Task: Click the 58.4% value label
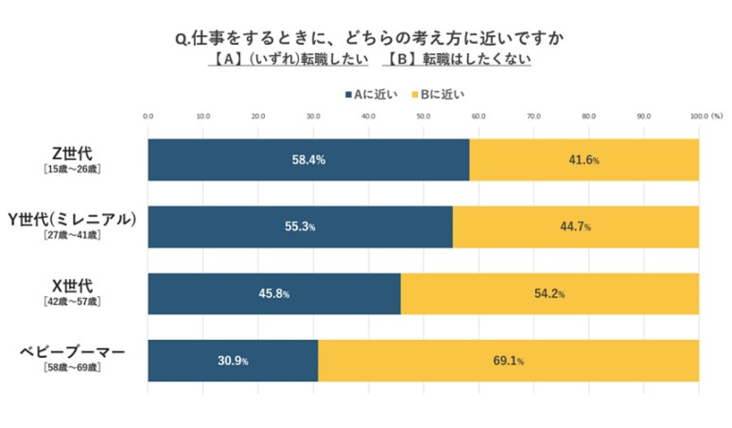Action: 309,160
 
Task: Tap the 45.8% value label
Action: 274,293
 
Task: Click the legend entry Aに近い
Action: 372,95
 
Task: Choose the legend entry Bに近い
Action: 439,95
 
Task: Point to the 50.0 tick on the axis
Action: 423,117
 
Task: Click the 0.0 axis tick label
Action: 148,117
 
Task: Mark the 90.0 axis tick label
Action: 644,117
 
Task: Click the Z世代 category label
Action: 72,153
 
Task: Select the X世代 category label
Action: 72,287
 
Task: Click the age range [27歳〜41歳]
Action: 72,236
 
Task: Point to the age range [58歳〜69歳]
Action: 72,368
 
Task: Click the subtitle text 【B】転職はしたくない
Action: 457,59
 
